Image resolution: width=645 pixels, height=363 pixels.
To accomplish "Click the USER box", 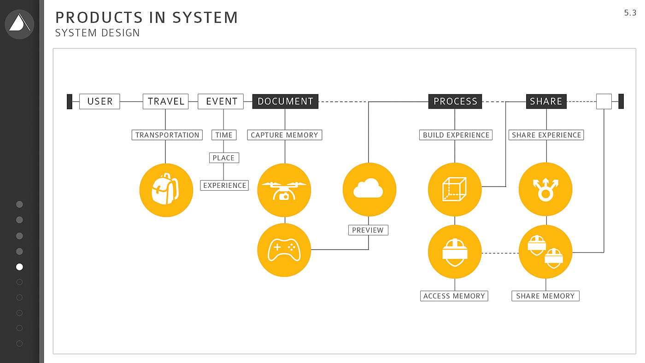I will coord(100,101).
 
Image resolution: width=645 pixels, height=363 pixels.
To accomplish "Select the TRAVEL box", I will coord(166,101).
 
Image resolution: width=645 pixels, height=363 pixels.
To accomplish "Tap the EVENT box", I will coord(221,101).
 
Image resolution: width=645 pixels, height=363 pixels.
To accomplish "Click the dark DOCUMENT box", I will coord(285,101).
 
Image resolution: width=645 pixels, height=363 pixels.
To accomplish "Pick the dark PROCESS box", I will coord(455,101).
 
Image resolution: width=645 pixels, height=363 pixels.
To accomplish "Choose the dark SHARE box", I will coord(546,101).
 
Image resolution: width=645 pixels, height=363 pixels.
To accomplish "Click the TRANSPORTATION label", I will coord(167,135).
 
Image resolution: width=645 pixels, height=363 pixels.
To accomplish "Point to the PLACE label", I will coord(223,158).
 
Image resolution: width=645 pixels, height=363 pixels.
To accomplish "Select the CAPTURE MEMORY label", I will coord(284,135).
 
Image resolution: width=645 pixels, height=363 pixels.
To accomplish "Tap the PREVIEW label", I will coord(368,230).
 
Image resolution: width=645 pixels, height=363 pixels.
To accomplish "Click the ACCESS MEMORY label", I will coord(454,296).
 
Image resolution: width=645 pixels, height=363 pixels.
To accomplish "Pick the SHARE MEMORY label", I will coord(545,296).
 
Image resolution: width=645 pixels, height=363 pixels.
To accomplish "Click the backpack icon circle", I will coord(166,190).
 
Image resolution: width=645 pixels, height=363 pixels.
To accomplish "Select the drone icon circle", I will coord(284,190).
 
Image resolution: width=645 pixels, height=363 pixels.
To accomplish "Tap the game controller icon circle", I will coord(284,250).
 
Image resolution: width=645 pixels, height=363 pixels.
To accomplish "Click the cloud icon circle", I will coord(369,189).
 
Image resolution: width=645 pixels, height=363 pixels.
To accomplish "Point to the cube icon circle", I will coord(455,189).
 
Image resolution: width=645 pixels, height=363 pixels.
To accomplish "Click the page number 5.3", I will coord(630,13).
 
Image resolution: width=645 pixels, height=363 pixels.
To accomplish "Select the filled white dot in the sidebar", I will coord(19,267).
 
